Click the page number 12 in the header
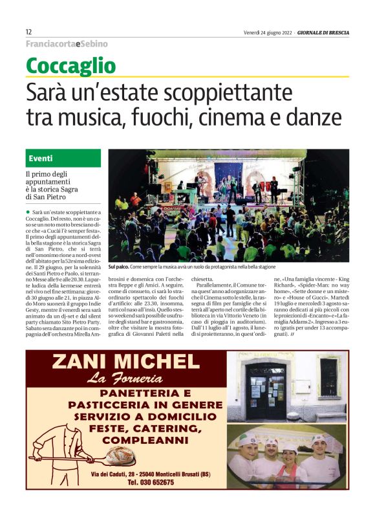pyautogui.click(x=29, y=32)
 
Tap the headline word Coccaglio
pyautogui.click(x=71, y=65)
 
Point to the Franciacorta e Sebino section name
pyautogui.click(x=67, y=44)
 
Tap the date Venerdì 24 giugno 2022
pyautogui.click(x=271, y=32)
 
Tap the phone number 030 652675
pyautogui.click(x=150, y=483)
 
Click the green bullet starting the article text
pyautogui.click(x=28, y=212)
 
